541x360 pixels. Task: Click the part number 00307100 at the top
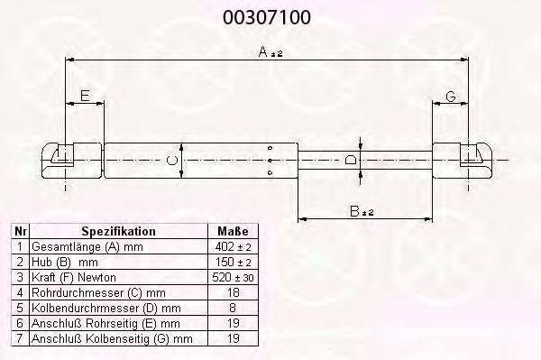266,17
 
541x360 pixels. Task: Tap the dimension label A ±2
270,52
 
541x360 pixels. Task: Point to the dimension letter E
85,96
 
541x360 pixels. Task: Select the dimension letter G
451,97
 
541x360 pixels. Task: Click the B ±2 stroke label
362,211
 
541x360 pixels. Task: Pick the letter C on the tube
171,161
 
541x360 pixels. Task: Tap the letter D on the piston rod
351,161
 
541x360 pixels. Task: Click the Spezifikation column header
118,231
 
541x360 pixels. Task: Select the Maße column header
233,231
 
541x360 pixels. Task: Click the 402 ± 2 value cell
233,247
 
